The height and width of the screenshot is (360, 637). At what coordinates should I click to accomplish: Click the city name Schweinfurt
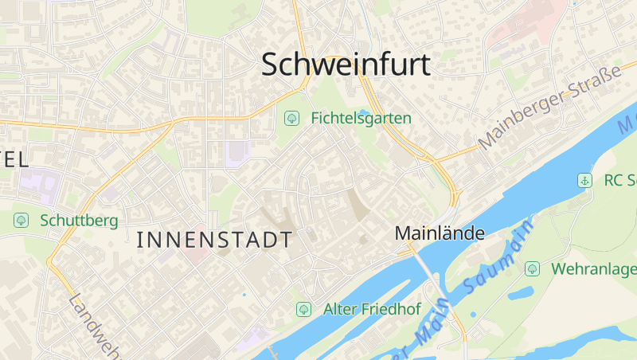(346, 65)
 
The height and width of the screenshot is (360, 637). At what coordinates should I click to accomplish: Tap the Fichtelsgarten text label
(361, 119)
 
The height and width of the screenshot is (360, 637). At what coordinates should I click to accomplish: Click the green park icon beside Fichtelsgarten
(291, 119)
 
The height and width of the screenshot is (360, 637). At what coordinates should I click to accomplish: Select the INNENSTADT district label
(214, 239)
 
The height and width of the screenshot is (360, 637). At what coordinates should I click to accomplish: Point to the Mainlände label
(440, 233)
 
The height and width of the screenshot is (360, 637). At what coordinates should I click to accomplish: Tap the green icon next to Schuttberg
(21, 220)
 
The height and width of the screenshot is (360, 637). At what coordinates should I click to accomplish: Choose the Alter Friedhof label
(372, 309)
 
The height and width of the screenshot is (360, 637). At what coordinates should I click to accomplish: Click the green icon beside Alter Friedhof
(303, 309)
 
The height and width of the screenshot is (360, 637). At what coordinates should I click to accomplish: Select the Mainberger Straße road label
(549, 109)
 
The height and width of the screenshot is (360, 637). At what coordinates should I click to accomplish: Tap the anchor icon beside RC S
(584, 181)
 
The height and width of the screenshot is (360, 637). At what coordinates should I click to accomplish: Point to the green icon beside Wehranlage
(532, 269)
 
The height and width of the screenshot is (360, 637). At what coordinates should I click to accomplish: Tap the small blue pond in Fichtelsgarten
(365, 112)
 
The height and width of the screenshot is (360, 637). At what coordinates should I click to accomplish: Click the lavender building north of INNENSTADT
(236, 152)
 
